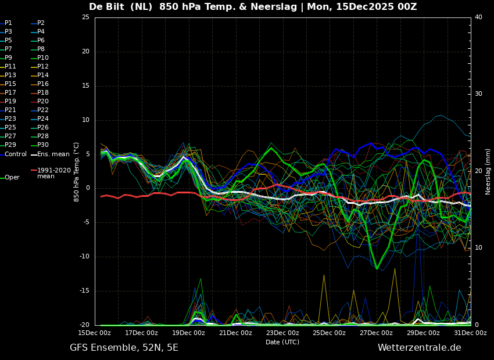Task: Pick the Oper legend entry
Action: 12,178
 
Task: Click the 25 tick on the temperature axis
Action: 85,17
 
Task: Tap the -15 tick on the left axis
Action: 84,291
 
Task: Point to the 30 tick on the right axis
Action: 478,94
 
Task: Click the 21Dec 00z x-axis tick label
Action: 235,333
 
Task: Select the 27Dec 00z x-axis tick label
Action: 376,333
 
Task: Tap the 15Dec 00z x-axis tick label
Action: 95,333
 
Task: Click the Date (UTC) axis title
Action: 282,342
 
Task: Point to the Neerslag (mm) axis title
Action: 488,171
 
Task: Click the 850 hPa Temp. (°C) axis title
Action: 77,171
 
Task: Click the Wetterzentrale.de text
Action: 419,348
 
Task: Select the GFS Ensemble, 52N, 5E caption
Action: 124,348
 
